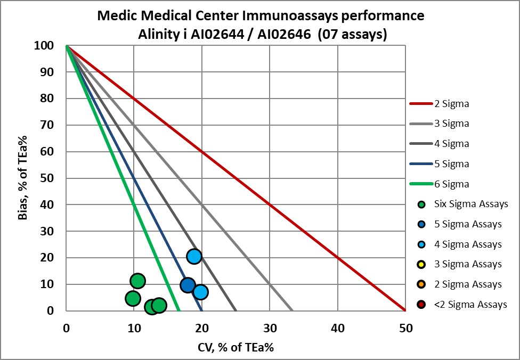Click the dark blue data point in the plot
(187, 285)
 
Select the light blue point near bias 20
(194, 256)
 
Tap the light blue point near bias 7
(200, 292)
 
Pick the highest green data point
(137, 281)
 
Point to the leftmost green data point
(133, 298)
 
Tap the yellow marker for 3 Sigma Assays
(421, 265)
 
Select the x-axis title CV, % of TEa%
(235, 347)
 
